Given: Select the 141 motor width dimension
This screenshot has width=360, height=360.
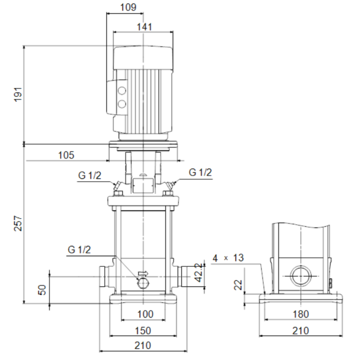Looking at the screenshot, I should (x=145, y=27).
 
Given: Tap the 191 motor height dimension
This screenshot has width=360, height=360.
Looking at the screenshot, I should (x=19, y=94).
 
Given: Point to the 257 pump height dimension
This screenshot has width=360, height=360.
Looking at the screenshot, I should (x=19, y=223).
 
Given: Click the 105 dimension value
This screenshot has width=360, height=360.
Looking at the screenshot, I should (x=66, y=155).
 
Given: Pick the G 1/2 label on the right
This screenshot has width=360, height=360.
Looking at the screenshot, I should (x=200, y=173).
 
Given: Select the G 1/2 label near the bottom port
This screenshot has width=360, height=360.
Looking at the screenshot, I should (x=79, y=250).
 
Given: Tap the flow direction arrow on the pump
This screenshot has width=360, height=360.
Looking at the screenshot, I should (x=143, y=274).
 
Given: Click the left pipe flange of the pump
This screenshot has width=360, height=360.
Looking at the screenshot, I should (x=104, y=278).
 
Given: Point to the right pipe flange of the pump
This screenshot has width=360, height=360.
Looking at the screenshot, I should (x=183, y=278).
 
